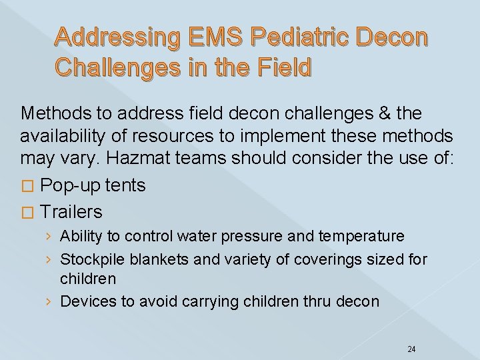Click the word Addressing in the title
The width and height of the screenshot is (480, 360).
[x=108, y=39]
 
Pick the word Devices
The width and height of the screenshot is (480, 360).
[x=85, y=301]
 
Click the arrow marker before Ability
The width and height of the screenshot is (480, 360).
[x=51, y=237]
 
